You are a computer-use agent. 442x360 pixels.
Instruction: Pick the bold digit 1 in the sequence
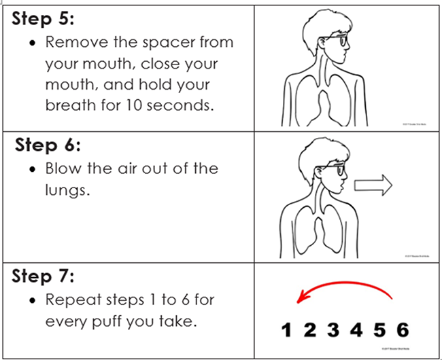(x=287, y=331)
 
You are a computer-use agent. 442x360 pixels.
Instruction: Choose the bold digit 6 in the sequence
(x=402, y=331)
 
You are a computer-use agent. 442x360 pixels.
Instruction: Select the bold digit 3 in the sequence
(x=333, y=331)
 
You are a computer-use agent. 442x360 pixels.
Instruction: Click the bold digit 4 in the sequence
(x=356, y=331)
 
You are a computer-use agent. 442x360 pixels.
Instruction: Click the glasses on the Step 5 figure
(x=342, y=41)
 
